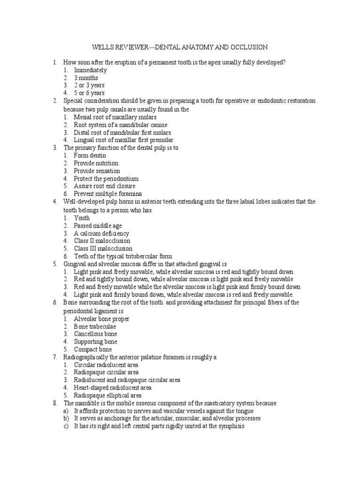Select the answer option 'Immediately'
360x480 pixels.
pyautogui.click(x=90, y=70)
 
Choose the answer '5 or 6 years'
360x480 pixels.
pyautogui.click(x=89, y=93)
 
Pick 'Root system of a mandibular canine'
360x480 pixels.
pyautogui.click(x=120, y=125)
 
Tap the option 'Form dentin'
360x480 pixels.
pyautogui.click(x=90, y=155)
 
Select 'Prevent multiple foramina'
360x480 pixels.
pyautogui.click(x=108, y=194)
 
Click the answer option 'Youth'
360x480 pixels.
pyautogui.click(x=82, y=218)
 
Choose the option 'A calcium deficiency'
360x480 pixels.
pyautogui.click(x=101, y=233)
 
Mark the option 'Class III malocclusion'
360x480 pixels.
pyautogui.click(x=103, y=248)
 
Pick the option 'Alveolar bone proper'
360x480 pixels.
pyautogui.click(x=102, y=319)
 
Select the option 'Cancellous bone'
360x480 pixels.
pyautogui.click(x=96, y=334)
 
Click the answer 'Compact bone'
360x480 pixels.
pyautogui.click(x=93, y=349)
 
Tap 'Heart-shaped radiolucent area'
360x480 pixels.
pyautogui.click(x=112, y=388)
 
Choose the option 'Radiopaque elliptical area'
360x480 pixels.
pyautogui.click(x=107, y=395)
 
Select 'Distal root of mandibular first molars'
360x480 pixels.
pyautogui.click(x=122, y=132)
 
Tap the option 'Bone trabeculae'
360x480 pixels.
pyautogui.click(x=95, y=326)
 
